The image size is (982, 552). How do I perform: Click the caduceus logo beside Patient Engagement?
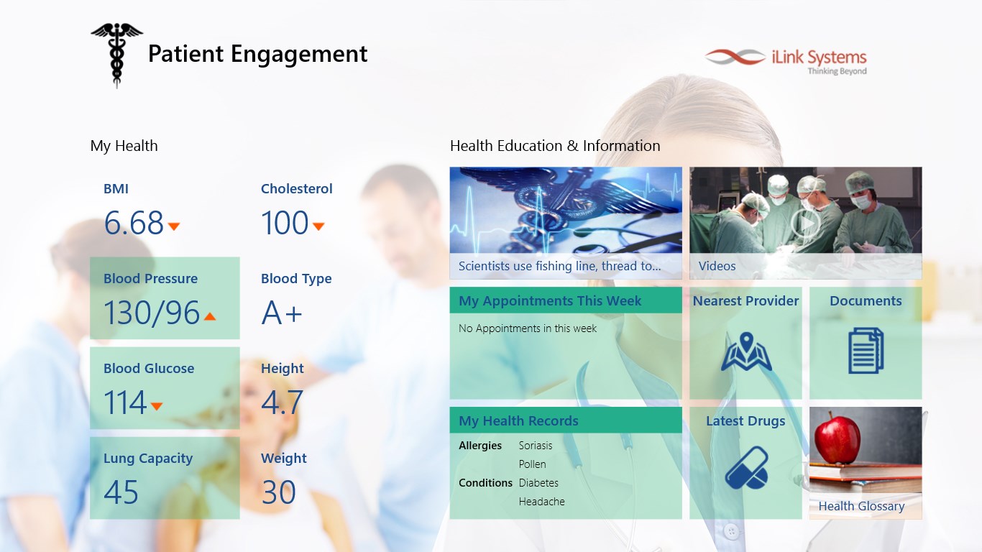(116, 55)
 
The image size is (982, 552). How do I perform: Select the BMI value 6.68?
(134, 223)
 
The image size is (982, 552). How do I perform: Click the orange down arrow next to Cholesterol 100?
(318, 226)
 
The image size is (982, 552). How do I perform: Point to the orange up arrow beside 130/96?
(210, 316)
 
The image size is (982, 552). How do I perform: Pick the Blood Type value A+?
(282, 313)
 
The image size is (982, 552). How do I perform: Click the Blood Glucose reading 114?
(125, 402)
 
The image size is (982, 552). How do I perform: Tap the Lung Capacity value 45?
(121, 492)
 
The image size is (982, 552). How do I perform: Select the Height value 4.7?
(282, 402)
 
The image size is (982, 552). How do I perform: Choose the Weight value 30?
(279, 492)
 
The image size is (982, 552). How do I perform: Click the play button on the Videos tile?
(805, 223)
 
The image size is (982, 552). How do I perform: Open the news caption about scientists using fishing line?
(559, 266)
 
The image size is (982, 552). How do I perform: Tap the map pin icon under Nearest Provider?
(746, 351)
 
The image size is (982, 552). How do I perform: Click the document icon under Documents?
(866, 351)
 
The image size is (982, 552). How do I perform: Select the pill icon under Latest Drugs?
(746, 468)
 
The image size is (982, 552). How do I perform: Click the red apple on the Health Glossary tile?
(837, 438)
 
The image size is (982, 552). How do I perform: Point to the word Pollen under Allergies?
(532, 464)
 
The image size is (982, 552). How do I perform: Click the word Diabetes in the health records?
(538, 483)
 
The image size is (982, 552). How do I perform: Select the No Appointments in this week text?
(528, 328)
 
